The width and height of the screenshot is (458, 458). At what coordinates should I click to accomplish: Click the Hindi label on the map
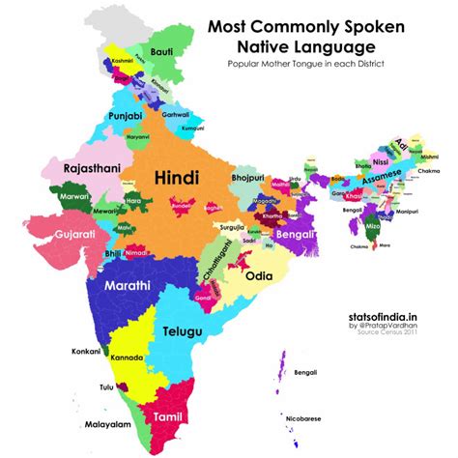[178, 178]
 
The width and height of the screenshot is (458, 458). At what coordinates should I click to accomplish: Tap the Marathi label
[123, 286]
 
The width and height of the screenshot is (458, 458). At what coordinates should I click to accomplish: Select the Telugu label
[182, 331]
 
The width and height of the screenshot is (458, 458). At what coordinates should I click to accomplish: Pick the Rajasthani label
[65, 170]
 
